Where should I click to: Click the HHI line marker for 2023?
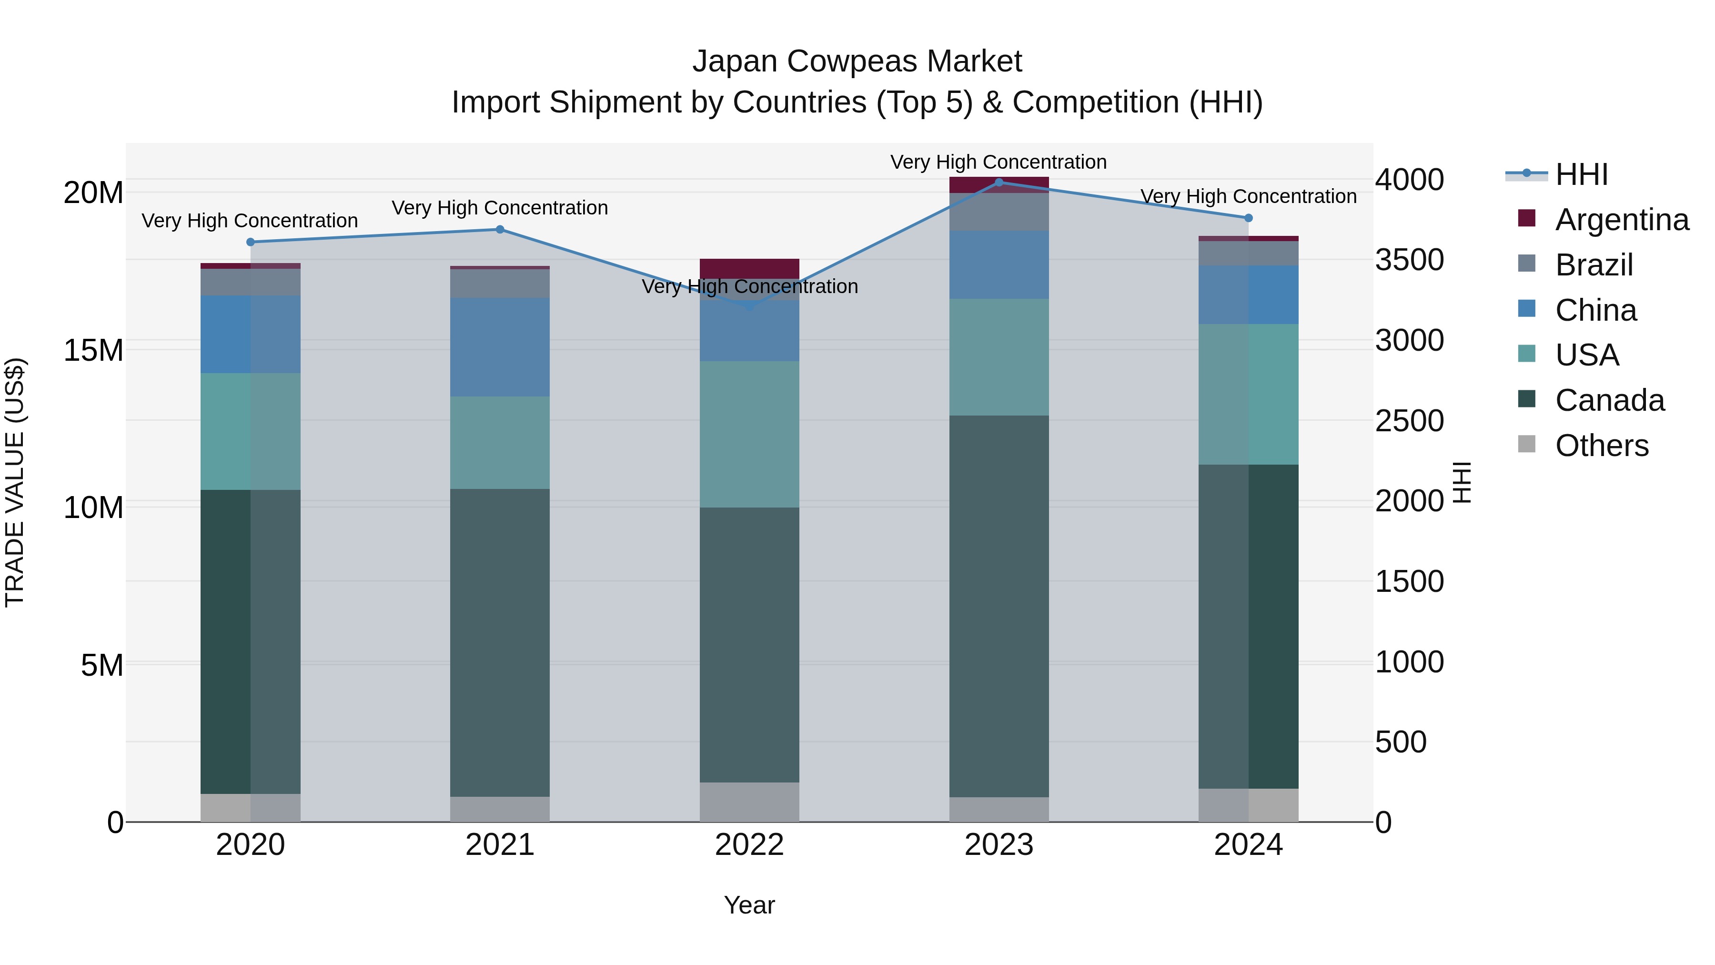pyautogui.click(x=999, y=183)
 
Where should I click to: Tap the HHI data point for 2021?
pyautogui.click(x=500, y=230)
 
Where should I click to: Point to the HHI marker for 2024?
pyautogui.click(x=1248, y=218)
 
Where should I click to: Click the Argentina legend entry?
pyautogui.click(x=1622, y=220)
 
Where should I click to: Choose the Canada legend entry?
pyautogui.click(x=1609, y=400)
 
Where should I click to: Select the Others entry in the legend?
pyautogui.click(x=1601, y=446)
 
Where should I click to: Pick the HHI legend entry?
pyautogui.click(x=1581, y=174)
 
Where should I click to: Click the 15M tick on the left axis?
pyautogui.click(x=93, y=350)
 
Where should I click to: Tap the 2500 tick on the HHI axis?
pyautogui.click(x=1410, y=421)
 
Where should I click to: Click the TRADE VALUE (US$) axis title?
pyautogui.click(x=15, y=482)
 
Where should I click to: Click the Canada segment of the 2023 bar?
pyautogui.click(x=999, y=606)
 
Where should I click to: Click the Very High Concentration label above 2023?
pyautogui.click(x=998, y=162)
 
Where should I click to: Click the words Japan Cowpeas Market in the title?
pyautogui.click(x=857, y=61)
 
